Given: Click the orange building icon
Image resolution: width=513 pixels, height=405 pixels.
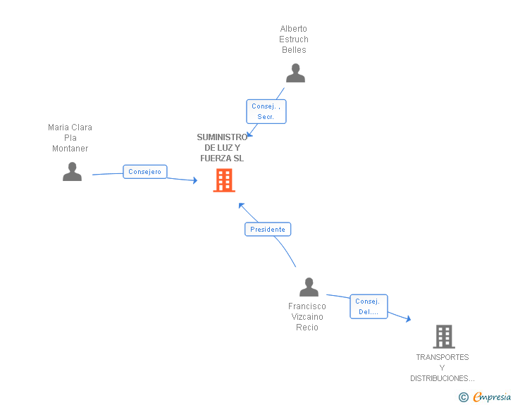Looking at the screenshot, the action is [224, 180].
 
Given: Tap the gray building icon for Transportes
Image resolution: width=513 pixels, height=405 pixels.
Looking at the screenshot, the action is [444, 336].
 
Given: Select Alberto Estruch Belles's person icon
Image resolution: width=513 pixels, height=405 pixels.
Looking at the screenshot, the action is [295, 73].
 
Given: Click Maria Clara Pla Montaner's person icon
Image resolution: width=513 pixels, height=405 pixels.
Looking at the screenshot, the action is [72, 171].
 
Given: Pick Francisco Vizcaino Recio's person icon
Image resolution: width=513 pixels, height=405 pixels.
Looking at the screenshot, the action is [309, 287].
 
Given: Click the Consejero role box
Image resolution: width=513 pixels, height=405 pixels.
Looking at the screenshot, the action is [145, 172].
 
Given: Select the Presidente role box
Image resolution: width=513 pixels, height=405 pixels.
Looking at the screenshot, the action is [268, 230].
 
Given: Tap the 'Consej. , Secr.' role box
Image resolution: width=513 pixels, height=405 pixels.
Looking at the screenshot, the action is [266, 111].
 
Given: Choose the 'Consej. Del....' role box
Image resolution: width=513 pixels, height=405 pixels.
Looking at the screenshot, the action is [369, 306].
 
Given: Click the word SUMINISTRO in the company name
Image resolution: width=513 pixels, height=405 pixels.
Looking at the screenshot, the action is [222, 137].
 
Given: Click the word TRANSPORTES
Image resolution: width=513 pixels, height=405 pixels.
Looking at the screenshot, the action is [443, 357].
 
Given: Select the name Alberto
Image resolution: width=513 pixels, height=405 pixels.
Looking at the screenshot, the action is [293, 29].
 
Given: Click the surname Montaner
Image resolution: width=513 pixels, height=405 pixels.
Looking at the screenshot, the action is [70, 149].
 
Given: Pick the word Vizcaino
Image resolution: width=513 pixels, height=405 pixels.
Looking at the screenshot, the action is [307, 317].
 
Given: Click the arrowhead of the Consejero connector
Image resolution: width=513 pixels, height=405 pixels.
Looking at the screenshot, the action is [195, 180].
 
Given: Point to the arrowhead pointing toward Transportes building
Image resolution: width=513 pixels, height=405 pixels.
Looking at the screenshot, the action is [408, 318].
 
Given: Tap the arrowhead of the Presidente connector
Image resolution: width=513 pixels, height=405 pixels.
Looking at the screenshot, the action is [241, 206].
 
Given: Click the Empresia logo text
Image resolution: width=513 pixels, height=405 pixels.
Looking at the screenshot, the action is [492, 397].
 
